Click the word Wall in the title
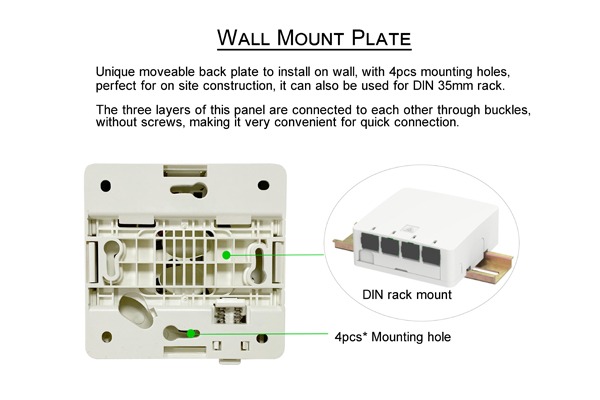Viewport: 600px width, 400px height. (x=243, y=38)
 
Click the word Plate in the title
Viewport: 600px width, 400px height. (x=381, y=38)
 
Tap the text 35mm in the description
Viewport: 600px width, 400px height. (x=456, y=85)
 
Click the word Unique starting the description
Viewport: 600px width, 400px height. (x=115, y=72)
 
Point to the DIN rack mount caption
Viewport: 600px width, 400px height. (x=407, y=295)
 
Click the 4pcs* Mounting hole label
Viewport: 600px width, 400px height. (x=393, y=337)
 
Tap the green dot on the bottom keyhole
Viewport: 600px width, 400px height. (x=191, y=333)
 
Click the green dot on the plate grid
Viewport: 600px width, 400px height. (x=226, y=255)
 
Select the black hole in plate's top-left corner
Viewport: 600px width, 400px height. (x=106, y=186)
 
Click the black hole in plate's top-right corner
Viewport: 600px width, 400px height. (x=263, y=185)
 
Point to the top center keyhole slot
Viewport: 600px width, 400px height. (x=189, y=189)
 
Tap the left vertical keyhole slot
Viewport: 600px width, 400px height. (x=112, y=260)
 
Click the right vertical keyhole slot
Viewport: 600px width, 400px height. (x=258, y=264)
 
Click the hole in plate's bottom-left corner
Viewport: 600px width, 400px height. (x=107, y=337)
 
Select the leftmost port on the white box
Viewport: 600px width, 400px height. (x=370, y=242)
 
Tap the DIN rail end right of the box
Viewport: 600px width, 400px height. (x=491, y=267)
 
